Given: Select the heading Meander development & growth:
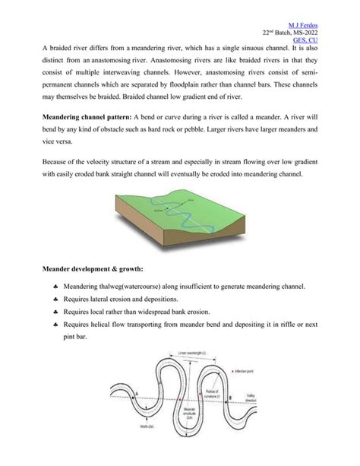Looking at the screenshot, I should click(x=86, y=268).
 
